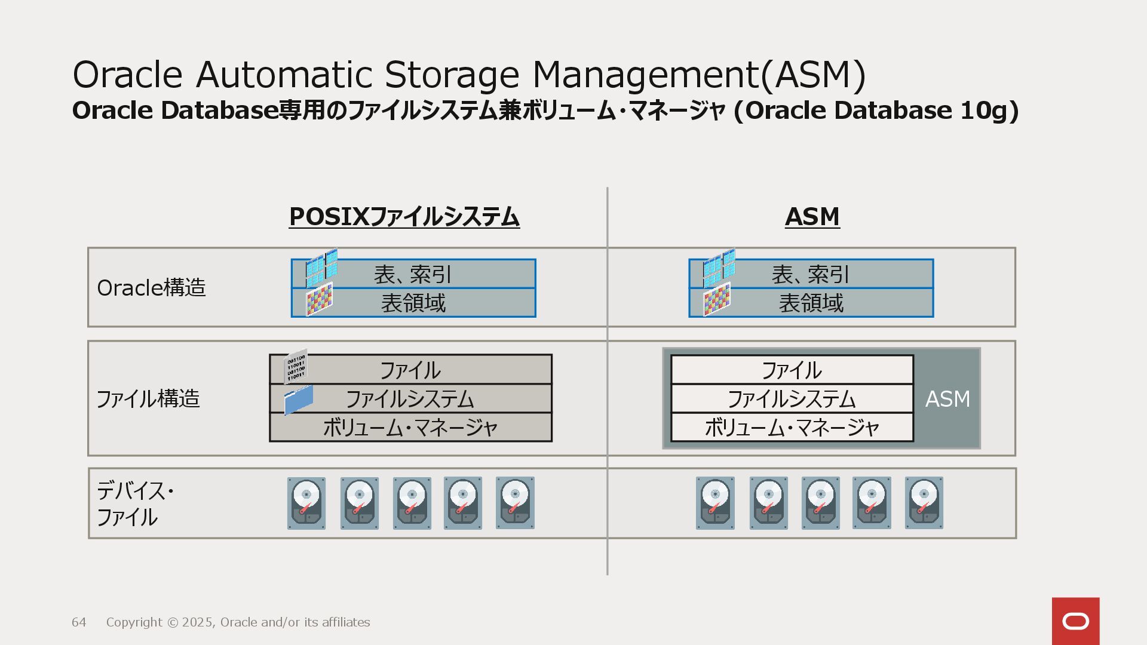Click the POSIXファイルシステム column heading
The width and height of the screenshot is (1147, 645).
coord(404,217)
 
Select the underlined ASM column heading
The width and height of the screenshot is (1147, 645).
coord(812,217)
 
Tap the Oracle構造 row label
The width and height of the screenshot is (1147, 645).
coord(151,288)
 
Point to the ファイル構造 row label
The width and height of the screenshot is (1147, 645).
coord(148,398)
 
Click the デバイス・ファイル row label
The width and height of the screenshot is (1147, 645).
coord(135,503)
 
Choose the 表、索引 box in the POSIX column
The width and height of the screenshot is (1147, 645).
coord(413,274)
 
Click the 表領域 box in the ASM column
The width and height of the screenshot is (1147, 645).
coord(811,303)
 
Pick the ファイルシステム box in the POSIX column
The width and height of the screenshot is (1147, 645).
coord(410,398)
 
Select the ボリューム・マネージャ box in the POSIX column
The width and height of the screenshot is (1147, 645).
coord(410,428)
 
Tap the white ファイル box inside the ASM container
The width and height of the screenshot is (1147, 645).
coord(792,370)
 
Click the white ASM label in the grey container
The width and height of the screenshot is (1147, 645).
coord(947,399)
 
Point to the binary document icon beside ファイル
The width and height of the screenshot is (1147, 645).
coord(296,365)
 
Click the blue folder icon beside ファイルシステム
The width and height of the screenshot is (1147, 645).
coord(299,399)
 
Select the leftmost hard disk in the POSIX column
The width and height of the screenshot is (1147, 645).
coord(306,503)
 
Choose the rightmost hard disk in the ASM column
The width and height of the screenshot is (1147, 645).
coord(924,503)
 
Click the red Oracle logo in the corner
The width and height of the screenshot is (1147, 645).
coord(1075,621)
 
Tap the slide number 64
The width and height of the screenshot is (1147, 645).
coord(79,622)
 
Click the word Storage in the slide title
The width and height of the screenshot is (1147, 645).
coord(452,75)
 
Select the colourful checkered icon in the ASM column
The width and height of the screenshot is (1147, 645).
coord(717,300)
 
